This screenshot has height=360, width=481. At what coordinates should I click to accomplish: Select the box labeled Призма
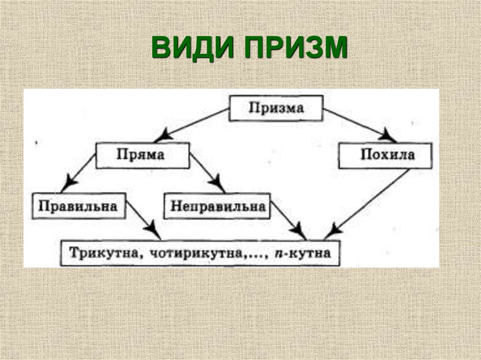pos(276,108)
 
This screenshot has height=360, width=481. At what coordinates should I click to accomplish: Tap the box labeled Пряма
pos(143,155)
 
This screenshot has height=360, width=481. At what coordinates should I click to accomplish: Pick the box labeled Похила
pos(385,155)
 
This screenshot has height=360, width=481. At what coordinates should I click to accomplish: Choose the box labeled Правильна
pos(78,206)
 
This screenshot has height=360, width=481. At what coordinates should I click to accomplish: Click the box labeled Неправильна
pos(217,206)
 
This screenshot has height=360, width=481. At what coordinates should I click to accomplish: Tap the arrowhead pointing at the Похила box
pos(388,138)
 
